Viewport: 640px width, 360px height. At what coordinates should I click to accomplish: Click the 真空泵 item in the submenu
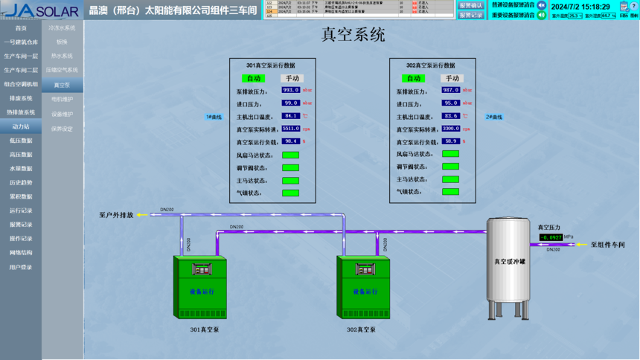(62, 85)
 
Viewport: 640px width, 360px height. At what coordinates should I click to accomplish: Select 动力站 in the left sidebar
(21, 126)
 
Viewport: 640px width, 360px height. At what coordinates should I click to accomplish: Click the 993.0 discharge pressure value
(291, 90)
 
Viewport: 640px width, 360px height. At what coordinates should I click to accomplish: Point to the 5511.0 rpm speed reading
(291, 128)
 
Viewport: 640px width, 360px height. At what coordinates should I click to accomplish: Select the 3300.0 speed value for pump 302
(451, 128)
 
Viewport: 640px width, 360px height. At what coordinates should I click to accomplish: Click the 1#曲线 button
(214, 117)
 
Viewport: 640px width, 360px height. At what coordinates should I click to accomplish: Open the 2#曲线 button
(494, 117)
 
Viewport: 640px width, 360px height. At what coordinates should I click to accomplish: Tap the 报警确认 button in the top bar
(471, 5)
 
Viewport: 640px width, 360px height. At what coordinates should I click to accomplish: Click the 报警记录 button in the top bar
(471, 15)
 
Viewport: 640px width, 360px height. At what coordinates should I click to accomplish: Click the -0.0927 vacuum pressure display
(551, 237)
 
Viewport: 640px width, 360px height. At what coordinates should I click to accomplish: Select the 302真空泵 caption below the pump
(362, 329)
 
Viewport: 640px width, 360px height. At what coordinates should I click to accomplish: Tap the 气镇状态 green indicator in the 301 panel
(290, 193)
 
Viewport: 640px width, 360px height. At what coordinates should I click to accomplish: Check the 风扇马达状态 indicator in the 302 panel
(450, 154)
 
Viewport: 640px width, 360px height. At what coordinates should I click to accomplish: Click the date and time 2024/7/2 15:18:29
(580, 6)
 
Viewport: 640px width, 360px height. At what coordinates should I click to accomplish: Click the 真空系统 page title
(353, 34)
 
